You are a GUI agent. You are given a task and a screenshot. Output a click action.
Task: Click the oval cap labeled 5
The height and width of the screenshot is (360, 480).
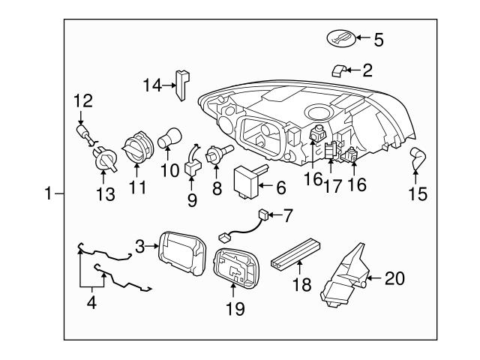click(x=341, y=38)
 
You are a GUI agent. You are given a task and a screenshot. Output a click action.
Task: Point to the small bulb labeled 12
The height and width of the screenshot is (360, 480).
click(x=84, y=134)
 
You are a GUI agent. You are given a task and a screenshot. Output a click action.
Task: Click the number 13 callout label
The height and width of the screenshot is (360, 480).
click(x=106, y=195)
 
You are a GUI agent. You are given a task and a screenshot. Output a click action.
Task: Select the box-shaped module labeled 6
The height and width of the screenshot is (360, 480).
click(x=249, y=181)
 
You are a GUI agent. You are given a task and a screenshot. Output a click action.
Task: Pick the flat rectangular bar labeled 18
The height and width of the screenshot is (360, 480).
click(x=296, y=252)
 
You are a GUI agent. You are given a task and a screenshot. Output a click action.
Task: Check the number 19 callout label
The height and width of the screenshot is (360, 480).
click(x=235, y=308)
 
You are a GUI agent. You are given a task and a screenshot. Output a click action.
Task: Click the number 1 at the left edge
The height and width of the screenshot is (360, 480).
click(x=49, y=195)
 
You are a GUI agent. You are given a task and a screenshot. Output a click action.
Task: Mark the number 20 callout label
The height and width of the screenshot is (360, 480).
click(x=394, y=278)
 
